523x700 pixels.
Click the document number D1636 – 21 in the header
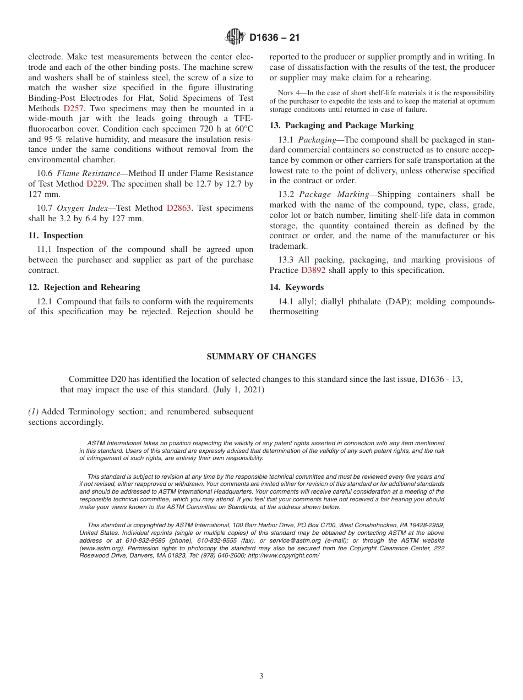point(274,37)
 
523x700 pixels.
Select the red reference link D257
point(73,108)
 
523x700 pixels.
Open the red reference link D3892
point(313,270)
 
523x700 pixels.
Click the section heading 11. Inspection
point(56,236)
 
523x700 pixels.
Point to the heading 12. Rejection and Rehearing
point(84,287)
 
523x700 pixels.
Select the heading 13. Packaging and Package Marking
point(341,125)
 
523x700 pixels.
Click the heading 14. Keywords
point(296,287)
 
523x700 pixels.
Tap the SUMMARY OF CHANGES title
point(261,357)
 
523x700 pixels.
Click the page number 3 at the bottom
point(261,676)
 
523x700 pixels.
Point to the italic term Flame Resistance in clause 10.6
point(88,174)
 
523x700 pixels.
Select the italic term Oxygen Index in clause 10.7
point(80,208)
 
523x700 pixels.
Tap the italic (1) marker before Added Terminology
point(33,412)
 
